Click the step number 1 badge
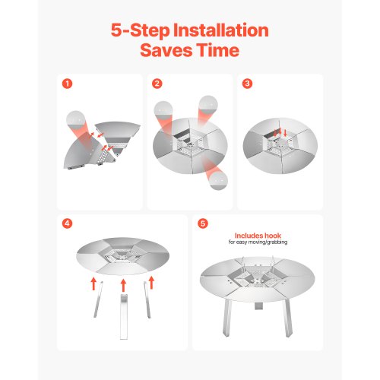pyautogui.click(x=67, y=84)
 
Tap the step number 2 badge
pyautogui.click(x=157, y=84)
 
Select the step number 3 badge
pyautogui.click(x=247, y=84)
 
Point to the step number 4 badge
pyautogui.click(x=67, y=223)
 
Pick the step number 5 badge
pyautogui.click(x=203, y=223)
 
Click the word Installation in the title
pyautogui.click(x=220, y=30)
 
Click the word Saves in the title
pyautogui.click(x=166, y=50)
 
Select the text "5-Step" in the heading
pyautogui.click(x=140, y=31)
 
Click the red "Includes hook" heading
pyautogui.click(x=258, y=236)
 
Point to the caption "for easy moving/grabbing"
pyautogui.click(x=258, y=242)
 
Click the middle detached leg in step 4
pyautogui.click(x=124, y=317)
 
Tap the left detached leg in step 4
pyautogui.click(x=98, y=299)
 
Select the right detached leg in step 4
pyautogui.click(x=147, y=299)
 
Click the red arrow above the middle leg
pyautogui.click(x=123, y=285)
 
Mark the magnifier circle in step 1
pyautogui.click(x=75, y=120)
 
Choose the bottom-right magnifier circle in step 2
pyautogui.click(x=218, y=180)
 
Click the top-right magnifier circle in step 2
pyautogui.click(x=208, y=105)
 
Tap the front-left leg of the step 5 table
pyautogui.click(x=227, y=318)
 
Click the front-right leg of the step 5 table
pyautogui.click(x=288, y=318)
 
